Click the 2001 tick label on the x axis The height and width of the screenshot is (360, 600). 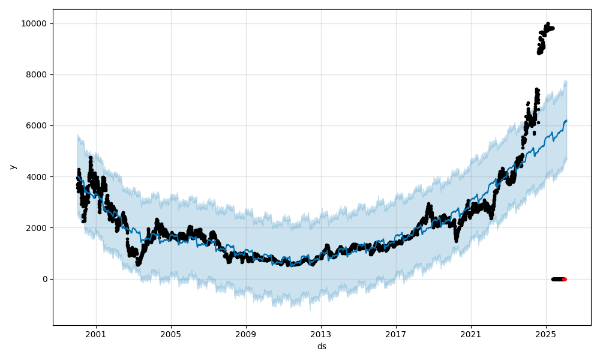[95, 334]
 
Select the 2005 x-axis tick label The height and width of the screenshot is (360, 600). [170, 334]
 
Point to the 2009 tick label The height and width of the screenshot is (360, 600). [245, 334]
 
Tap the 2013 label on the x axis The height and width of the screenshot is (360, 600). [320, 334]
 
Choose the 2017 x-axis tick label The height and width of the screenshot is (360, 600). [395, 334]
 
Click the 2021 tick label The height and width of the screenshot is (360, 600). [470, 334]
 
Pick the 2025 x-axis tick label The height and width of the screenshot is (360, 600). [545, 334]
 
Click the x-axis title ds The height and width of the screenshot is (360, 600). [322, 346]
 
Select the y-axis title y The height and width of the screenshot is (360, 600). [11, 167]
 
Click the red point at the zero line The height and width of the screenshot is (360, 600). [564, 279]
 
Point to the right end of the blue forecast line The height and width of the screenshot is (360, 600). [566, 121]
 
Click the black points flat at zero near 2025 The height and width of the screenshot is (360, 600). [557, 279]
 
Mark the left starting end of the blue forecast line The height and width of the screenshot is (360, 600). [77, 176]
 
